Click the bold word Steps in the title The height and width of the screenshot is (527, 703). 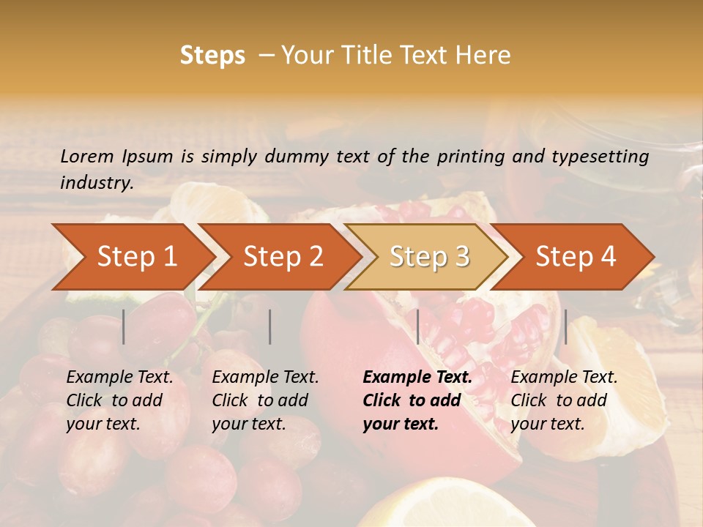(212, 55)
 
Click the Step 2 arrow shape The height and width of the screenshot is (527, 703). (282, 257)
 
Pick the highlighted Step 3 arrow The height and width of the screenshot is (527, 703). (428, 257)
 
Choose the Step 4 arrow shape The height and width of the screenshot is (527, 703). (575, 257)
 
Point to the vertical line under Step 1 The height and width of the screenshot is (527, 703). (124, 326)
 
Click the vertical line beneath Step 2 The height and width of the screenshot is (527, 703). (270, 326)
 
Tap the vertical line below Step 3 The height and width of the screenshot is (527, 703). (417, 326)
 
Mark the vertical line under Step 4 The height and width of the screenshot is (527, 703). (565, 326)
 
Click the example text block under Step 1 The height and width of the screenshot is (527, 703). (119, 400)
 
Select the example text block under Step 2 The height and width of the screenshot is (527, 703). (265, 400)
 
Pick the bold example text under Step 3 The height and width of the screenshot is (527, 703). (417, 400)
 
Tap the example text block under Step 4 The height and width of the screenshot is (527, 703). (564, 400)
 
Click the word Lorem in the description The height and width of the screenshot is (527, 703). (86, 156)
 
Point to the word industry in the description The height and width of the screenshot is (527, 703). (96, 183)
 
